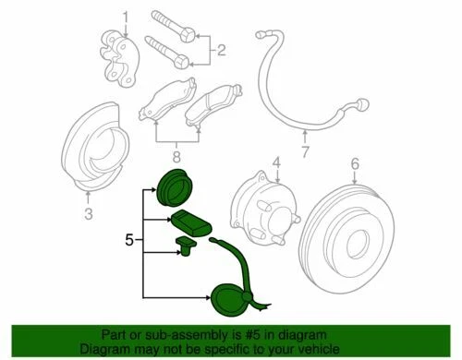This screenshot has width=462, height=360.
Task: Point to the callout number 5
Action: (x=128, y=241)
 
